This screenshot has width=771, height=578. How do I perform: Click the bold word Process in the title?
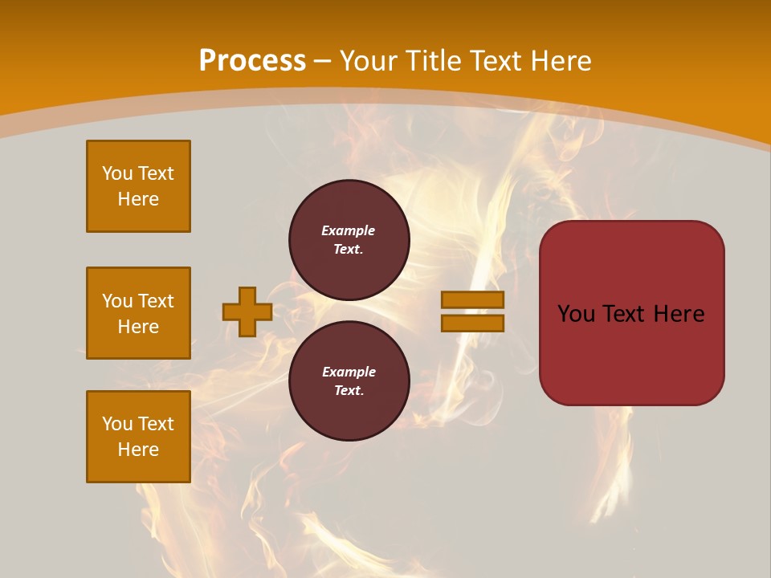click(x=252, y=61)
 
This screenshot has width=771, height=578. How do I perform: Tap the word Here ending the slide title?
click(x=561, y=61)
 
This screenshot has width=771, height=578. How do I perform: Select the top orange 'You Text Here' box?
click(x=138, y=186)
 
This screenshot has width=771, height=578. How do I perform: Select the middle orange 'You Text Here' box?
click(x=138, y=313)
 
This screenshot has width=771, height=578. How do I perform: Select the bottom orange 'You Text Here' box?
click(x=138, y=437)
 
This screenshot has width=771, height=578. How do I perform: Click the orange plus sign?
click(x=247, y=311)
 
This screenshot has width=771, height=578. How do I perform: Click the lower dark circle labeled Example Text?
click(x=349, y=381)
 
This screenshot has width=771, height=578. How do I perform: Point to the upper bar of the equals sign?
click(x=472, y=300)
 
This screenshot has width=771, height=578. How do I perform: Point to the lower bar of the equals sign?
click(x=472, y=323)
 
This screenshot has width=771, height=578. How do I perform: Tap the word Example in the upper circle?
click(x=349, y=231)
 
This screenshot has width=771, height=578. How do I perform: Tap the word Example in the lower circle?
click(x=349, y=372)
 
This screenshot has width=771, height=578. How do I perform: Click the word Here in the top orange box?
click(x=138, y=199)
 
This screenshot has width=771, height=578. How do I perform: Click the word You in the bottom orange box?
click(x=117, y=424)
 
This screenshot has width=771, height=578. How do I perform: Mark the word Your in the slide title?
click(x=367, y=61)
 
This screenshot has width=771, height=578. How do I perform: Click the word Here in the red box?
click(x=679, y=314)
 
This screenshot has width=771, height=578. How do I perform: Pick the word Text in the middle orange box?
click(x=156, y=301)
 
